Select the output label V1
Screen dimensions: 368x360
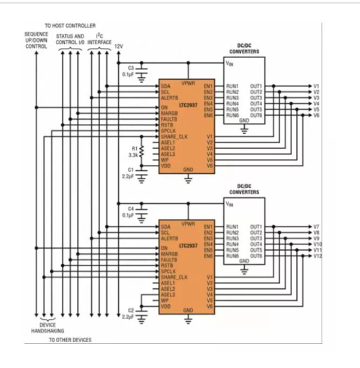point(316,86)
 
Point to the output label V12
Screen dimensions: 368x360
point(317,256)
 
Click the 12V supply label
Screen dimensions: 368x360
point(119,46)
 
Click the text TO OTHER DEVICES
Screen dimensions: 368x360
point(70,340)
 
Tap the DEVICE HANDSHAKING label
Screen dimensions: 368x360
point(47,327)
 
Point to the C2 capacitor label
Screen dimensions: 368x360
point(130,310)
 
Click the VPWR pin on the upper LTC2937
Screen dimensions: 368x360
point(188,80)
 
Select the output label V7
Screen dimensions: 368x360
point(316,227)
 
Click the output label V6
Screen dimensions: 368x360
point(316,115)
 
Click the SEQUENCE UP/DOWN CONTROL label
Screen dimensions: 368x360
point(36,40)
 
